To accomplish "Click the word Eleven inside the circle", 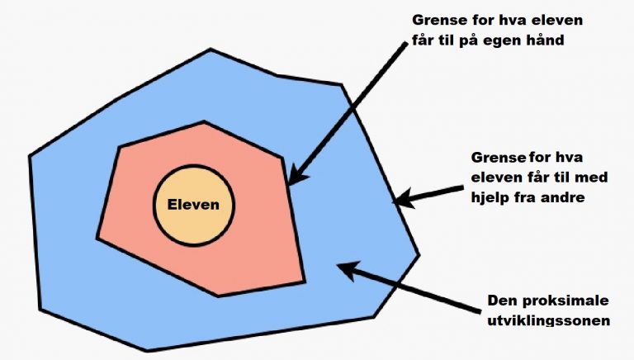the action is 193,204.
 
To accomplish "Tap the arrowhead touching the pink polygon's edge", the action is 298,175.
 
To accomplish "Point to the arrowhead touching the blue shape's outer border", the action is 403,198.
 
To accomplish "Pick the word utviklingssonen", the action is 549,320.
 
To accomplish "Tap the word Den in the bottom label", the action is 503,301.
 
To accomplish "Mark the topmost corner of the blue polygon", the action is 211,50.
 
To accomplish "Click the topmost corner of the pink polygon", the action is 204,121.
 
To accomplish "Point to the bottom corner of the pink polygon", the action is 218,296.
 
